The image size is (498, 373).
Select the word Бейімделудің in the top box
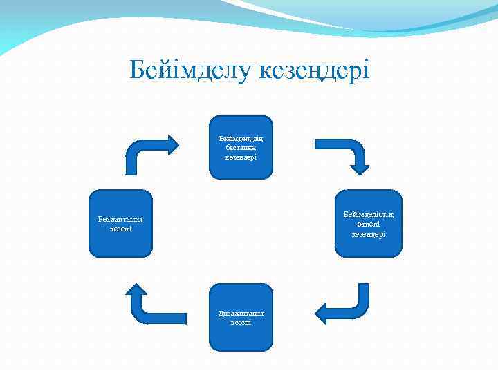tap(241, 137)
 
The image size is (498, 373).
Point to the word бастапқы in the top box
tap(241, 147)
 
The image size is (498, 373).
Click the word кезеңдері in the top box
tap(241, 157)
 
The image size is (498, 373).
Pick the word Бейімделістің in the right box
tap(369, 215)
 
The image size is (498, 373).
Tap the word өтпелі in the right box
tap(369, 224)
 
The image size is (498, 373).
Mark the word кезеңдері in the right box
tap(369, 234)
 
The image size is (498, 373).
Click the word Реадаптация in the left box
tap(120, 219)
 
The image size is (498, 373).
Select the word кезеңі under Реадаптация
tap(120, 229)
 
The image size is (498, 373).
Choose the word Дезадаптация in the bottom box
tap(241, 313)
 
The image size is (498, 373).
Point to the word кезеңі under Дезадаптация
tap(241, 323)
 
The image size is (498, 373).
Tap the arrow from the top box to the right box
tap(346, 153)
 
